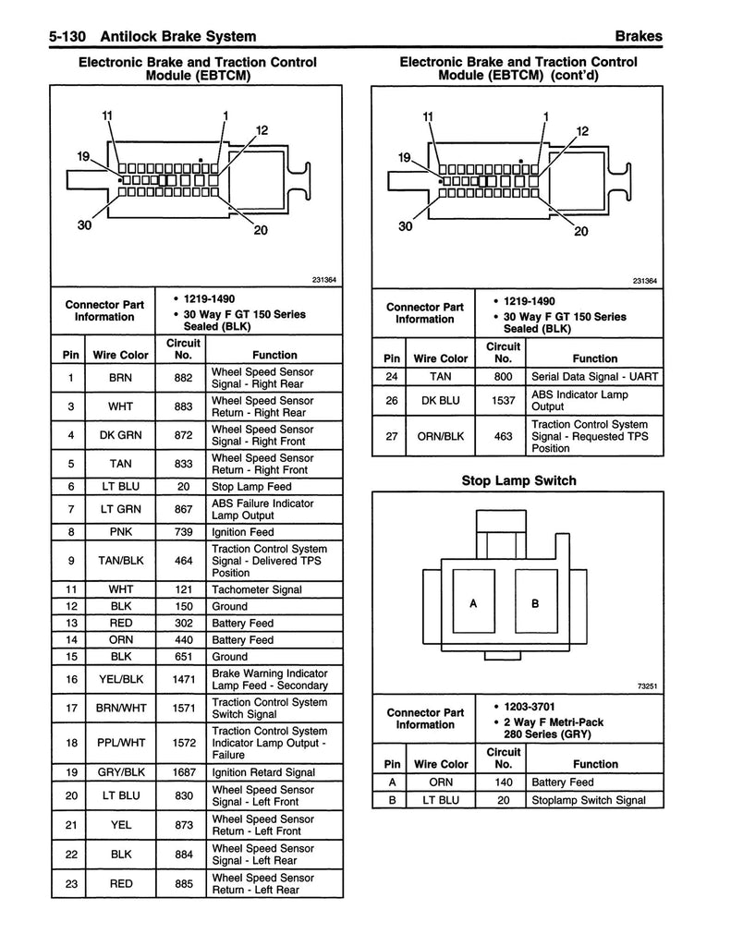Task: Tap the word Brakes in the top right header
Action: [x=638, y=37]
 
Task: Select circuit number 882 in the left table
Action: [x=183, y=378]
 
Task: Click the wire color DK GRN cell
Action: [x=120, y=435]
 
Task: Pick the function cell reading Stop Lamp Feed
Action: [x=251, y=486]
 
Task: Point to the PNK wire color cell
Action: [x=120, y=531]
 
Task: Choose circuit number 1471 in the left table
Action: [x=183, y=679]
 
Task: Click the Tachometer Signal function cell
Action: [x=257, y=589]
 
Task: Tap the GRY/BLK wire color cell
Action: [x=121, y=772]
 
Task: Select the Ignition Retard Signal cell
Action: [x=263, y=772]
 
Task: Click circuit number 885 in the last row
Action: [x=183, y=884]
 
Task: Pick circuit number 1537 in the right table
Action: [x=503, y=401]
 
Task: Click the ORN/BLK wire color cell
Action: [x=441, y=436]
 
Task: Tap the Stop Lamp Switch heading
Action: [x=518, y=480]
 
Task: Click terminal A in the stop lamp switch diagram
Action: [x=473, y=603]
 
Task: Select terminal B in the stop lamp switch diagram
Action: [x=534, y=603]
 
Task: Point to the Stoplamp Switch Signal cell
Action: [x=589, y=800]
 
